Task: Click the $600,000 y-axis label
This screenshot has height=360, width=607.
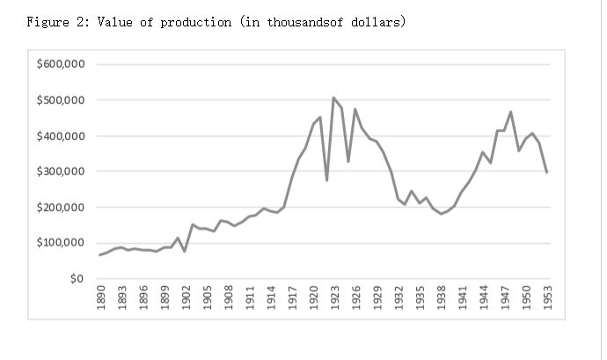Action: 61,64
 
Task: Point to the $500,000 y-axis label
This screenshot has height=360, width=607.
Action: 61,100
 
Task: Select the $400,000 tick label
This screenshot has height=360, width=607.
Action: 61,136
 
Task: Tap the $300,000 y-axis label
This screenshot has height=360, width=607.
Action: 61,172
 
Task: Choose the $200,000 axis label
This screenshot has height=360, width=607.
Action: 61,208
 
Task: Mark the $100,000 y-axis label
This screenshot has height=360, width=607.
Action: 61,243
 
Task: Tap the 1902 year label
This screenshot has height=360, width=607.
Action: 185,295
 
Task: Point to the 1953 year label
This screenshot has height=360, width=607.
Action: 547,295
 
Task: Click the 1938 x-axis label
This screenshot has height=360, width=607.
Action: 441,295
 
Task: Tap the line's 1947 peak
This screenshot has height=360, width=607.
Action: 511,112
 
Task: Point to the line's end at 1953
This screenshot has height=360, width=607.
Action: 547,173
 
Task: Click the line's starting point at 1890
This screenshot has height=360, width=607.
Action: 99,255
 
